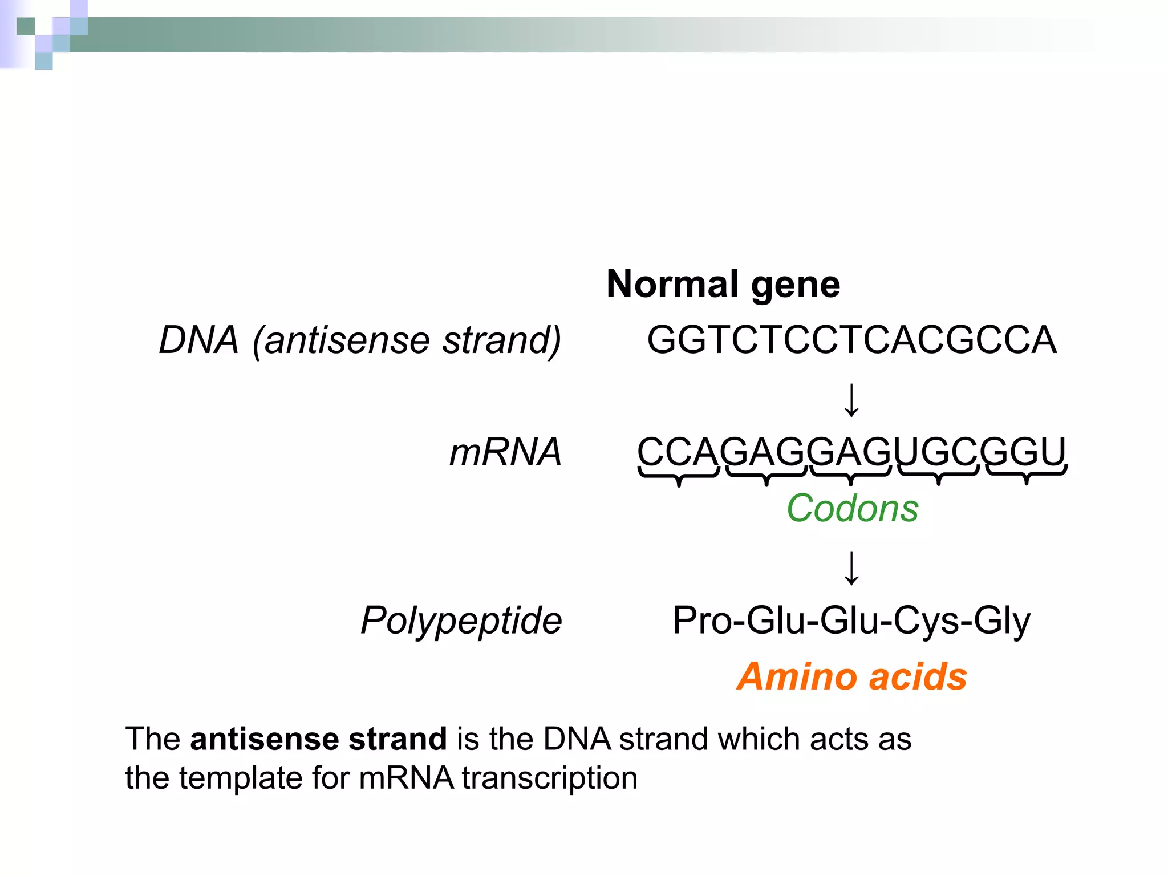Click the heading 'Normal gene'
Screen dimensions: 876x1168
(723, 284)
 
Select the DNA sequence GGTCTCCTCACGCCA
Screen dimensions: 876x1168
(851, 340)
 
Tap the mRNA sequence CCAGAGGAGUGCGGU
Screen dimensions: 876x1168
(851, 452)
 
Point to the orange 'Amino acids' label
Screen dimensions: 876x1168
(851, 676)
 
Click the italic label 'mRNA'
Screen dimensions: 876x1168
(505, 452)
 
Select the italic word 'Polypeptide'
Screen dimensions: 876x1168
(461, 620)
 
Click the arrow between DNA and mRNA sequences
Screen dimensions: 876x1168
(851, 400)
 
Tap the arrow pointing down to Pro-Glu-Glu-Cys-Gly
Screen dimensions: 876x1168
(851, 568)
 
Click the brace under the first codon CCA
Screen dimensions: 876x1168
(679, 475)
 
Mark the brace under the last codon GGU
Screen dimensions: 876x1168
(1026, 475)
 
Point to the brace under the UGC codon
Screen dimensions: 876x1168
(939, 475)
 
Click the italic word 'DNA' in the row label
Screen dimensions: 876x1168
(198, 340)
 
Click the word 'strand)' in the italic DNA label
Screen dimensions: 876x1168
(502, 340)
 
